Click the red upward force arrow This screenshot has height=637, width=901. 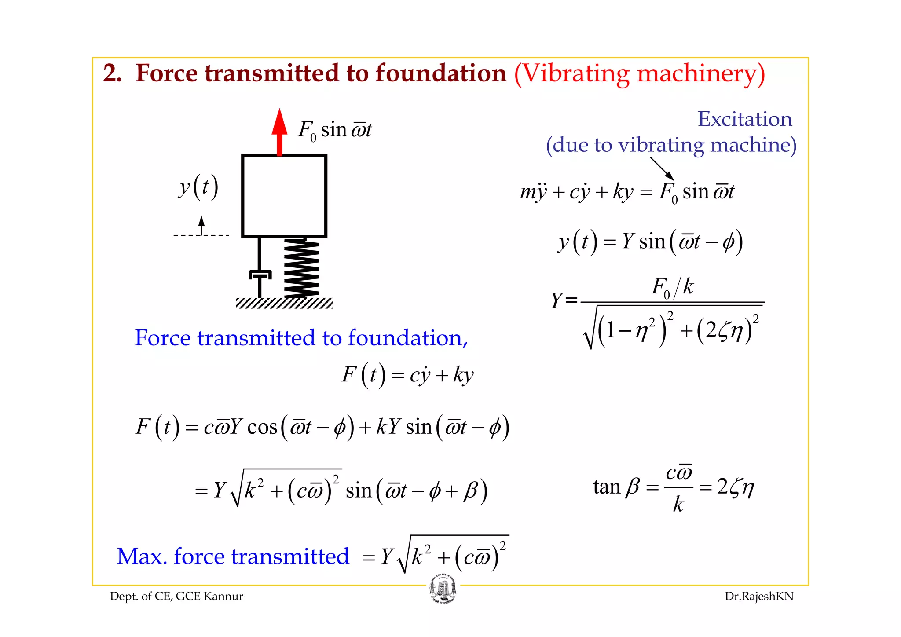click(279, 132)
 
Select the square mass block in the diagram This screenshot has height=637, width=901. click(284, 196)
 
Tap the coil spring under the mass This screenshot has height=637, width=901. click(302, 268)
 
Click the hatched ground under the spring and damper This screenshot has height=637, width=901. click(284, 303)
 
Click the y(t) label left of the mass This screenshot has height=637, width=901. click(198, 187)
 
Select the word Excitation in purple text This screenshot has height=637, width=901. click(744, 119)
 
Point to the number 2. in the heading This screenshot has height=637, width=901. click(112, 73)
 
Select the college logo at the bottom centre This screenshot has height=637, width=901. click(443, 589)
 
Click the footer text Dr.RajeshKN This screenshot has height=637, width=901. click(759, 596)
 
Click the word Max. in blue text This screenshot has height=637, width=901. click(142, 556)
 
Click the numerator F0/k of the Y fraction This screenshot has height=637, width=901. click(672, 287)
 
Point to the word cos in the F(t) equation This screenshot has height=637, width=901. click(262, 427)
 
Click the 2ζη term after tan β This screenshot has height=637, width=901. click(735, 487)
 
